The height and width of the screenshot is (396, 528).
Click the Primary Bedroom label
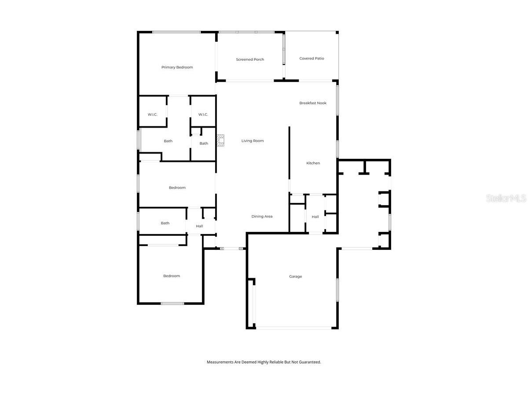pyautogui.click(x=177, y=67)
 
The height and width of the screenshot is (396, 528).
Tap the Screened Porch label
pyautogui.click(x=250, y=59)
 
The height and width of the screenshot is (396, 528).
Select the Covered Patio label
pyautogui.click(x=312, y=58)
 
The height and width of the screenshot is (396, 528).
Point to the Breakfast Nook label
pyautogui.click(x=313, y=103)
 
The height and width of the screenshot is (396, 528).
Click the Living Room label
pyautogui.click(x=253, y=141)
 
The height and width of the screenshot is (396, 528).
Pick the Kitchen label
pyautogui.click(x=313, y=163)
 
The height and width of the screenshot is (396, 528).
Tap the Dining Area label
pyautogui.click(x=262, y=216)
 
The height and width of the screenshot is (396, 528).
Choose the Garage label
pyautogui.click(x=295, y=276)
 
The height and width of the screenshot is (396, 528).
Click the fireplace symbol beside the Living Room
pyautogui.click(x=220, y=140)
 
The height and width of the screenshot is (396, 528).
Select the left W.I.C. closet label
pyautogui.click(x=152, y=115)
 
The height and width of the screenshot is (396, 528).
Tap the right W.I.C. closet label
pyautogui.click(x=203, y=115)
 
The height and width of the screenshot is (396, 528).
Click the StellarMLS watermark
pyautogui.click(x=506, y=198)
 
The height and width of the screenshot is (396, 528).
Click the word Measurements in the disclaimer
pyautogui.click(x=220, y=362)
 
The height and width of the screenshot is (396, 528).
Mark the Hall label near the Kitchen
pyautogui.click(x=315, y=217)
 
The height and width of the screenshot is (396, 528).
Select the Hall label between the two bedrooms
pyautogui.click(x=199, y=226)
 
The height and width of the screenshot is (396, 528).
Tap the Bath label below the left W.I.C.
pyautogui.click(x=168, y=141)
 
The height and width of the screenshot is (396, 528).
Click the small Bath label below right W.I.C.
pyautogui.click(x=204, y=143)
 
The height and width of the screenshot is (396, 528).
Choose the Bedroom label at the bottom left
pyautogui.click(x=172, y=276)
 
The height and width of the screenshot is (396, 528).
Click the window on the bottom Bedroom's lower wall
pyautogui.click(x=172, y=303)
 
